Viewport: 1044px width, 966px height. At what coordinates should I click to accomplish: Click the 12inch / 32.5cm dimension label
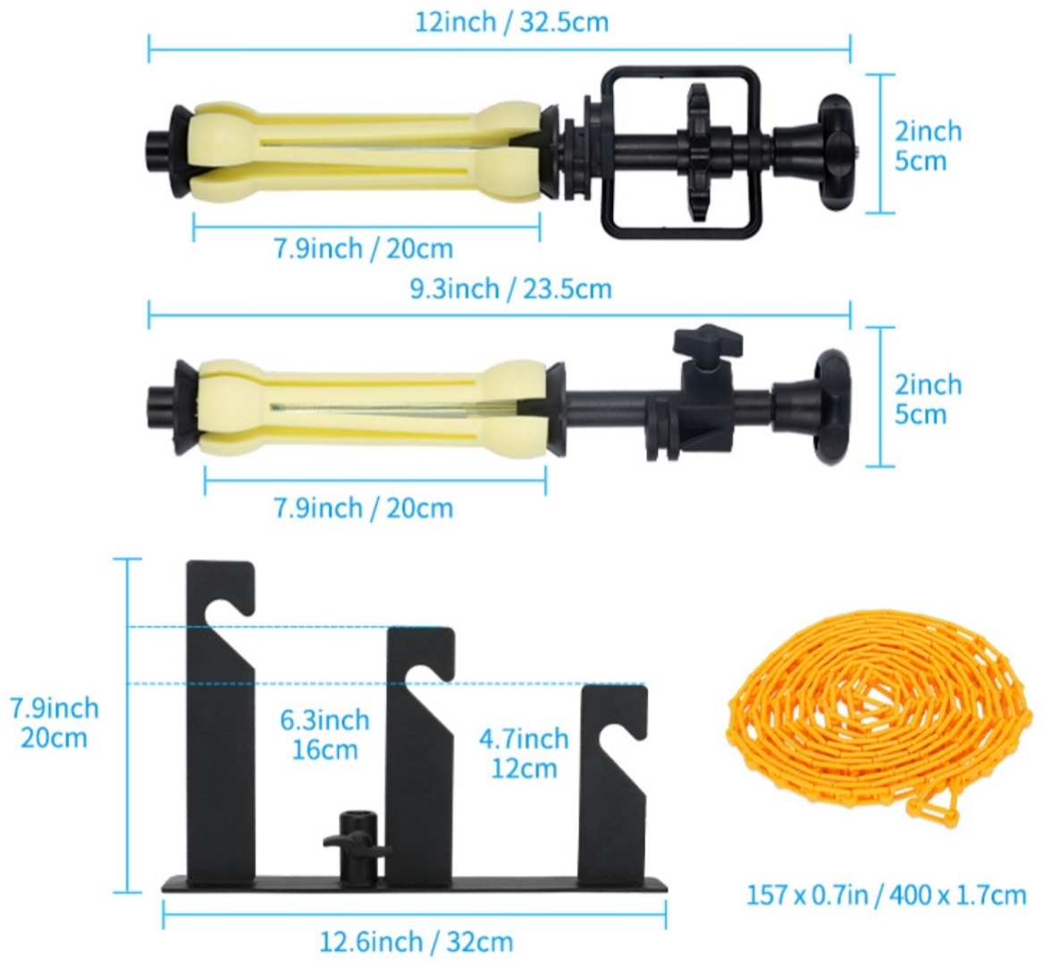[x=511, y=22]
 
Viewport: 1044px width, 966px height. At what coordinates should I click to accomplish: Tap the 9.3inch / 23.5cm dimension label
[x=510, y=289]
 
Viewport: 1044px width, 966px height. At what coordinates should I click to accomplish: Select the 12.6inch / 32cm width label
[x=417, y=942]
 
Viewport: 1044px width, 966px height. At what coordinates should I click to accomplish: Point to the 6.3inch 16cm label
[x=324, y=735]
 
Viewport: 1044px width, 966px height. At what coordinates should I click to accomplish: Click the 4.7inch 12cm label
[x=524, y=753]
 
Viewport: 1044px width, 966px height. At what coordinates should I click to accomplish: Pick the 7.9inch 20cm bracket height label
[x=54, y=723]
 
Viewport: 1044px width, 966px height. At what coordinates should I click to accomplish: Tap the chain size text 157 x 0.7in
[x=807, y=894]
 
